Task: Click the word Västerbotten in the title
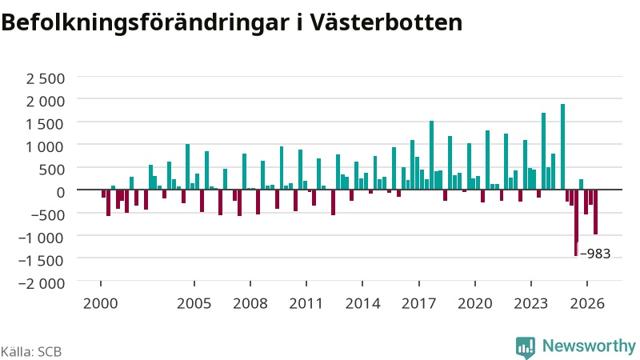(x=386, y=22)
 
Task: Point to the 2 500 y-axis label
(x=46, y=78)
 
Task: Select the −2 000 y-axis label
(x=42, y=283)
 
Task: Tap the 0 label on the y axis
(x=61, y=192)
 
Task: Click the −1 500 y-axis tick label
(x=42, y=260)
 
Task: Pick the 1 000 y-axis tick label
(x=46, y=146)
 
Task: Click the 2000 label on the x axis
(x=101, y=303)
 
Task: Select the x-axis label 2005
(x=194, y=303)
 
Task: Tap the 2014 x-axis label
(x=362, y=303)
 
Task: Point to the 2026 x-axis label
(x=587, y=303)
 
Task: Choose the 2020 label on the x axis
(x=474, y=303)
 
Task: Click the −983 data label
(x=595, y=254)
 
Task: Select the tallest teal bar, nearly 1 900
(x=562, y=147)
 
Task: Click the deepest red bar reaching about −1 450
(x=576, y=223)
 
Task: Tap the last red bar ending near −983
(x=595, y=212)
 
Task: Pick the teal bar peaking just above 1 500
(x=431, y=155)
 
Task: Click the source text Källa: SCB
(x=31, y=351)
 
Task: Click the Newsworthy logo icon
(x=526, y=348)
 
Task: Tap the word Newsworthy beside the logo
(x=589, y=346)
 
